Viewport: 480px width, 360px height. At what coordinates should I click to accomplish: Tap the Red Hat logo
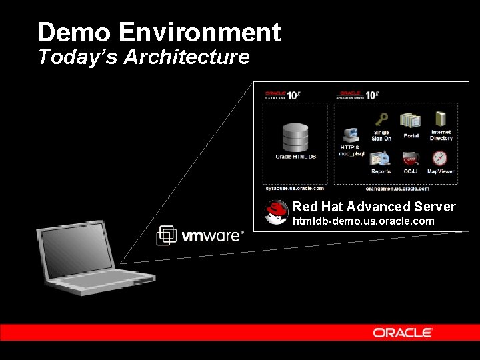tap(277, 212)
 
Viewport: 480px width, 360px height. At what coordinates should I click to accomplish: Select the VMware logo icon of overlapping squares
tap(166, 235)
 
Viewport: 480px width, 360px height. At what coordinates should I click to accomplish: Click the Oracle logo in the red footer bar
tap(403, 332)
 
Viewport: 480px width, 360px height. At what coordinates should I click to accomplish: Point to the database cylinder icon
tap(295, 137)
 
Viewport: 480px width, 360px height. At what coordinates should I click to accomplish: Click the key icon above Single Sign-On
tap(381, 120)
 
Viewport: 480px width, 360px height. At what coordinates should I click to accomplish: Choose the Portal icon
tap(411, 121)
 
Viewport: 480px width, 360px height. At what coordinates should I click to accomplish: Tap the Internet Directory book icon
tap(441, 120)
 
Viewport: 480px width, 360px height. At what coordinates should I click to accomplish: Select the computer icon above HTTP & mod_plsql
tap(351, 135)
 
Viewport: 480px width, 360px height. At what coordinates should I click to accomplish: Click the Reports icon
tap(380, 159)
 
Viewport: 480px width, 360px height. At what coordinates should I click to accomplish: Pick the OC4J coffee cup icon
tap(410, 159)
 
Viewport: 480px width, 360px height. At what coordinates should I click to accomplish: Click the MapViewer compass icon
tap(440, 159)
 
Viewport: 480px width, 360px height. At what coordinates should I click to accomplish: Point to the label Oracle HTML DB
tap(295, 157)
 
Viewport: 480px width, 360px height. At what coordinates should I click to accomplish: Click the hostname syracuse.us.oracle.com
tap(294, 189)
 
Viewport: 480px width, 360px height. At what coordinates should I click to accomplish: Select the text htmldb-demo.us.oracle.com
tap(363, 221)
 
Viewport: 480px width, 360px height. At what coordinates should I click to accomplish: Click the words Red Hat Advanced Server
tap(373, 207)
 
